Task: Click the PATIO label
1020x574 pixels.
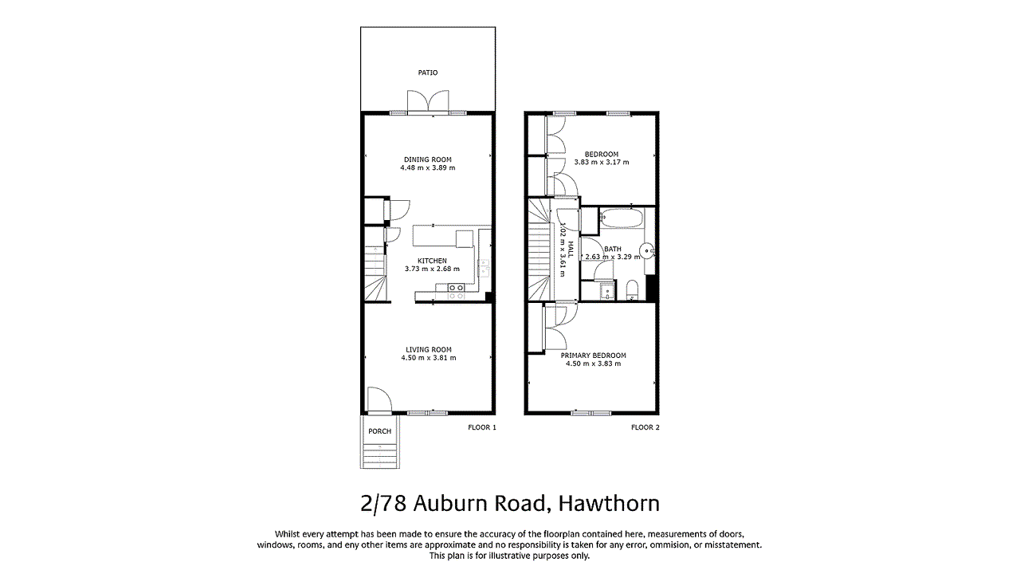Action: [428, 73]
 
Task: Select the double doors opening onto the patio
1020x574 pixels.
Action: [429, 102]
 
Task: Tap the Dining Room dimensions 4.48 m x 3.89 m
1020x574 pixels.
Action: [428, 168]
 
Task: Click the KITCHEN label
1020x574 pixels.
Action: [432, 261]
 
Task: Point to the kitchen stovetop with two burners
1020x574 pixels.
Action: [457, 292]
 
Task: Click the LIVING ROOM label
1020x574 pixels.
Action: [429, 349]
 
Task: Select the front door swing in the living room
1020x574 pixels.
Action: [379, 399]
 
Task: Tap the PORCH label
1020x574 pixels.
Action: [380, 431]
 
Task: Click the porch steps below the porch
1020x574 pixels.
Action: [380, 456]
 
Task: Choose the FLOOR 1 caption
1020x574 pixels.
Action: [482, 427]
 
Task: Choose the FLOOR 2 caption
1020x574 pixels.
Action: [645, 427]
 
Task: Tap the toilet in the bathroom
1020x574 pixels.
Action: [632, 289]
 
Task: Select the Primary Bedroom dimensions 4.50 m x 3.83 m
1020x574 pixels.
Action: [593, 364]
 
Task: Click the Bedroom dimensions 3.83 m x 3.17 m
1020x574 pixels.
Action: [602, 162]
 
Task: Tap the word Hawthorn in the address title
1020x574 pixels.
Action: [609, 504]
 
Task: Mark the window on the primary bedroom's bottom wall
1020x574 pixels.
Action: [591, 413]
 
